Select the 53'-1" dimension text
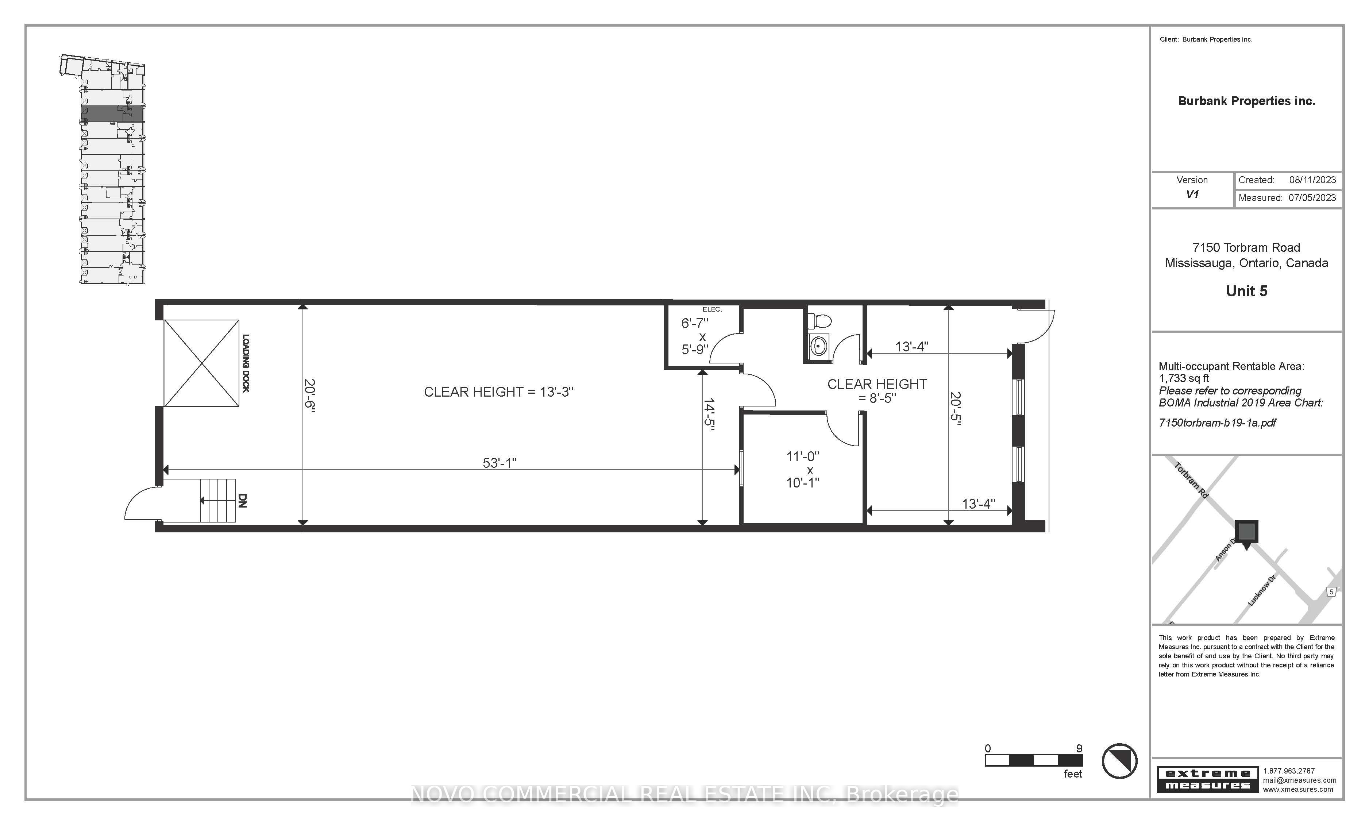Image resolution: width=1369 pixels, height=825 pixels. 500,463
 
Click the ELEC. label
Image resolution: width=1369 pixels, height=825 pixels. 712,309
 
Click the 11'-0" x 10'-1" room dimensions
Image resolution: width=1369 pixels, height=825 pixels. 803,470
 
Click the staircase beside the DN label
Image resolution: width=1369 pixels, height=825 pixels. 218,501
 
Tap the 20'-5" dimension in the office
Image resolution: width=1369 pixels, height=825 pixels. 955,409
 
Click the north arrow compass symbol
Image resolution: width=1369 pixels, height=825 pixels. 1119,761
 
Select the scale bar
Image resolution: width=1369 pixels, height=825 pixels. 1033,760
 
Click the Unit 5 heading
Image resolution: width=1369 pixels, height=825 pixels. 1246,291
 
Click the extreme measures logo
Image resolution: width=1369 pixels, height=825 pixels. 1208,779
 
